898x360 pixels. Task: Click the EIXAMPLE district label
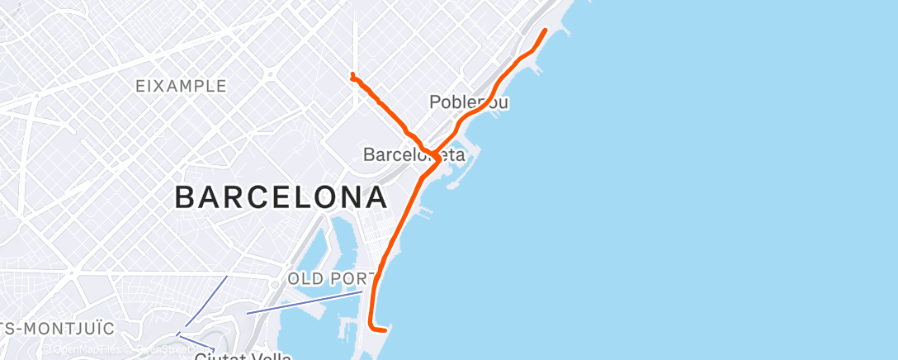tap(182, 86)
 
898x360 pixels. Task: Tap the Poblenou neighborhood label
tap(469, 102)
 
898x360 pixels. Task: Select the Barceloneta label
tap(414, 154)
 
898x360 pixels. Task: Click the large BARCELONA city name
tap(281, 198)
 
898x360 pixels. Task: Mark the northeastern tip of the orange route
tap(545, 31)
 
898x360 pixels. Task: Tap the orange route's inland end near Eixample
tap(352, 75)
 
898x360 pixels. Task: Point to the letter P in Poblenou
tap(435, 102)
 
